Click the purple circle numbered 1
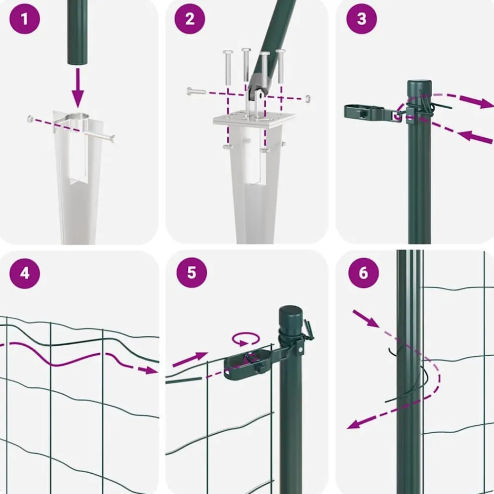coord(25,19)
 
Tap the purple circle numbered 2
coord(190,19)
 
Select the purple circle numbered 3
coord(362,19)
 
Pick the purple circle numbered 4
coord(25,273)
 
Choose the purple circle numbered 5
coord(192,272)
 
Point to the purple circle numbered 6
coord(363,273)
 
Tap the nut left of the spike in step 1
coord(31,119)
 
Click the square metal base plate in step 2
coord(253,120)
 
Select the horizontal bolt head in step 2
coord(190,91)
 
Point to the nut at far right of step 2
coord(308,99)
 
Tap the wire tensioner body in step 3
coord(365,112)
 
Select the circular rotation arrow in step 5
coord(246,339)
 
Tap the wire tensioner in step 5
coord(249,365)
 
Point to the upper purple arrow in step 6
coord(366,319)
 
